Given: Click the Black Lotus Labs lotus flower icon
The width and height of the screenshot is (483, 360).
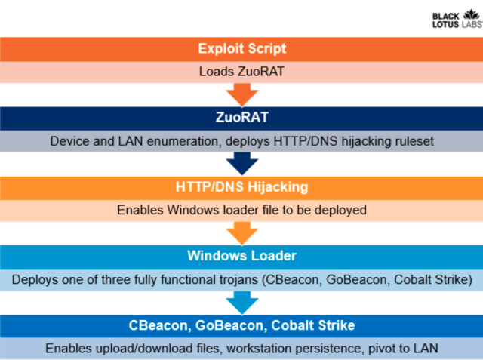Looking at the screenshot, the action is coord(472,14).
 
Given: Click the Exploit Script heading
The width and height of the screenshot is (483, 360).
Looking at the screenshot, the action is coord(242,48).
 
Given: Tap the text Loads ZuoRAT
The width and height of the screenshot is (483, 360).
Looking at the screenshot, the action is coord(241,72).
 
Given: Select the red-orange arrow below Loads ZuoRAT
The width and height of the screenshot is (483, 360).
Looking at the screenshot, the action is coord(242,94).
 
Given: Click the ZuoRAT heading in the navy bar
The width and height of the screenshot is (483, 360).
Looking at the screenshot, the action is coord(242,117).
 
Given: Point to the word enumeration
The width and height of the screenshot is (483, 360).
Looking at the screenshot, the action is coord(184,141).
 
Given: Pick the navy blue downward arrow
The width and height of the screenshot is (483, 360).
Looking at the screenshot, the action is coord(242,164).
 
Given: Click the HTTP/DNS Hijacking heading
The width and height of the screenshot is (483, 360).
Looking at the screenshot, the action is coord(241,187).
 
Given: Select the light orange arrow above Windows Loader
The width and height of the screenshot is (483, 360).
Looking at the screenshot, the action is coord(242,233).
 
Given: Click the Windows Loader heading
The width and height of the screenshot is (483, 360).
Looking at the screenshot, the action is coord(241,256).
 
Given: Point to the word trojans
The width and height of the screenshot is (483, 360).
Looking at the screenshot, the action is coord(238,280).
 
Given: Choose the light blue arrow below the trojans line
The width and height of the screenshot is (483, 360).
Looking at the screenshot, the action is coord(242,303).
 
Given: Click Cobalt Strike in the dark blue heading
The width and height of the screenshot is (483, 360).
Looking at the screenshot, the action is coord(313,325).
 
